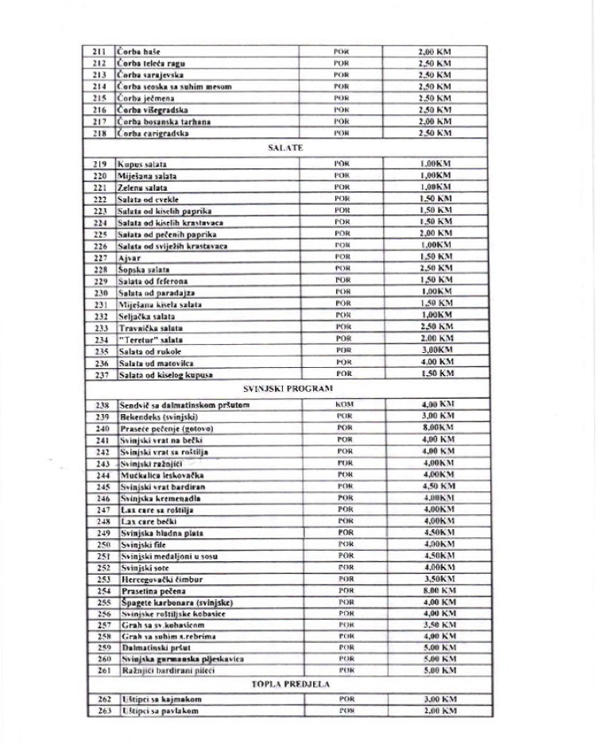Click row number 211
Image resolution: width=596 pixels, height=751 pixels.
(99, 51)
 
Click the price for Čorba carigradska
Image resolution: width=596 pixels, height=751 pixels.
(435, 134)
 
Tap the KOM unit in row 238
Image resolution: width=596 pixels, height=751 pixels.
(343, 405)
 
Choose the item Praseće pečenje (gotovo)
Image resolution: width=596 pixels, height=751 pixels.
(166, 428)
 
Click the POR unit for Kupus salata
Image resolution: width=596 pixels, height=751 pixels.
(342, 163)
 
